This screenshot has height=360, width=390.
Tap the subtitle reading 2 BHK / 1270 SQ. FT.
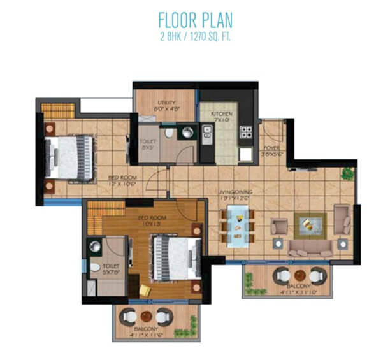pos(195,36)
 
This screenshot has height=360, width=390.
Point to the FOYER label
pos(273,150)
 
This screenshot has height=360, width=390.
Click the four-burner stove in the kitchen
pos(245,132)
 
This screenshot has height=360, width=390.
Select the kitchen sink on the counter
pos(206,133)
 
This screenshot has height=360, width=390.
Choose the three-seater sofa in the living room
pos(311,248)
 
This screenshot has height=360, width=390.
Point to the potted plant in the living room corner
pos(347,173)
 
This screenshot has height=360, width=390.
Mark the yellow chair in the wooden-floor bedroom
pos(145,290)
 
